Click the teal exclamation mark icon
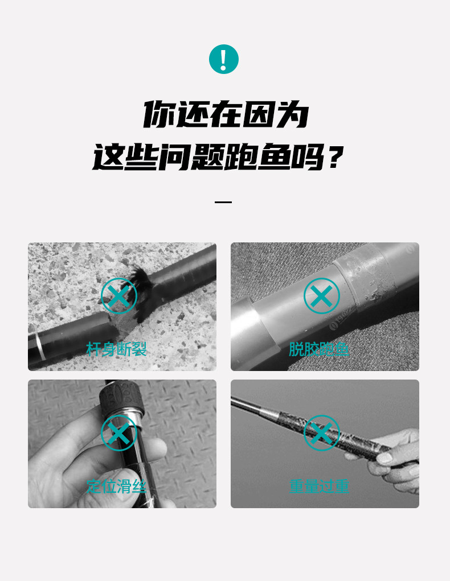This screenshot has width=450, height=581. click(x=224, y=59)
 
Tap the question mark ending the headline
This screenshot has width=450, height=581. click(x=334, y=156)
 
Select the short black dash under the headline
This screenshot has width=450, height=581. click(x=223, y=203)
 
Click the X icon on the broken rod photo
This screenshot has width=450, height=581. click(x=119, y=296)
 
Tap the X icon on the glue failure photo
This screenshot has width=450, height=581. click(x=322, y=296)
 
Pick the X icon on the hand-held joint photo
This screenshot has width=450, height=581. click(x=119, y=433)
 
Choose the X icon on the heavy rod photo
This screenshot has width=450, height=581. click(x=322, y=433)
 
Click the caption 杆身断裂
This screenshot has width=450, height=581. click(x=117, y=349)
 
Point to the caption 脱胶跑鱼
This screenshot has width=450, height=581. click(x=319, y=349)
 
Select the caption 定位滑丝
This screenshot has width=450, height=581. click(x=117, y=486)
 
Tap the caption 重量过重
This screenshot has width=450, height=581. click(x=319, y=486)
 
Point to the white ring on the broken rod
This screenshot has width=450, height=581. click(x=40, y=347)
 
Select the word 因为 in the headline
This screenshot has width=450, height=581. click(x=274, y=114)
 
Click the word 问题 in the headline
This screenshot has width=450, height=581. click(x=191, y=156)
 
